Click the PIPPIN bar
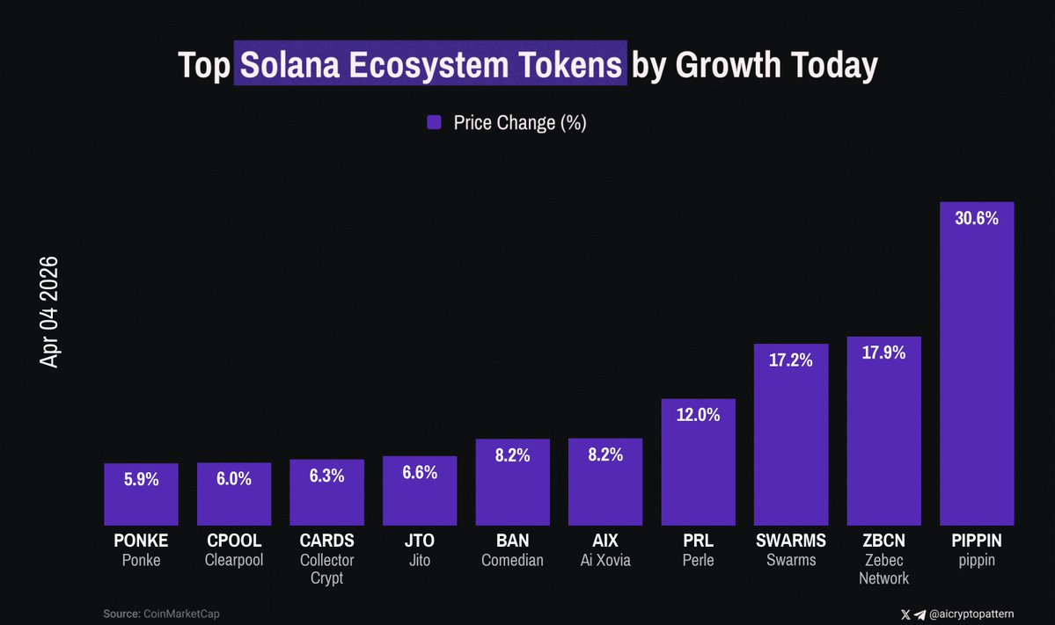(977, 369)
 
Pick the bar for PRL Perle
(698, 466)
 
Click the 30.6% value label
(977, 219)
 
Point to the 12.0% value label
(698, 415)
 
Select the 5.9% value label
(141, 480)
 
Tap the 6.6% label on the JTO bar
(420, 473)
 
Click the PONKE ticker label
(141, 541)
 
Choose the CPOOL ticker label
(234, 541)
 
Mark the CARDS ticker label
(326, 541)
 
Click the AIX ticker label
(604, 541)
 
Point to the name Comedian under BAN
(512, 560)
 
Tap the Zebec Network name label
(883, 569)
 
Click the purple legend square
(434, 123)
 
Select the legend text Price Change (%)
(519, 123)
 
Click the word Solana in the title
(291, 65)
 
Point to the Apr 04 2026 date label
(49, 312)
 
